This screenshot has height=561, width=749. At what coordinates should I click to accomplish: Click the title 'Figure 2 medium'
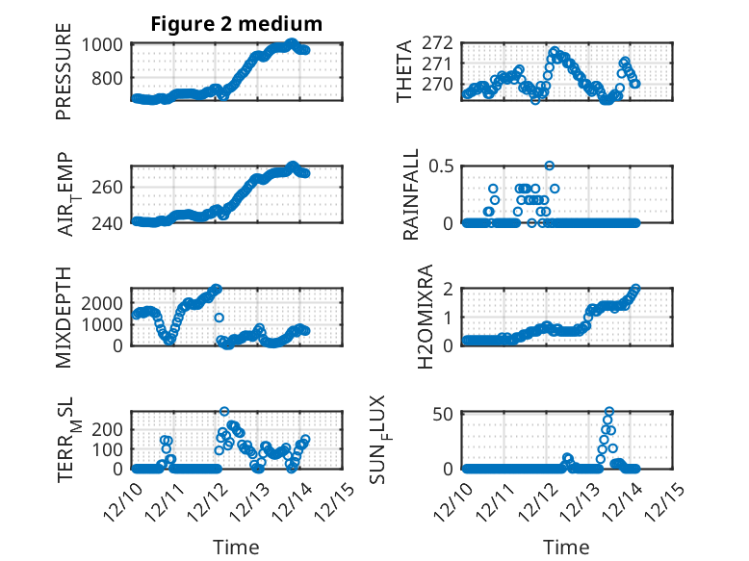click(236, 24)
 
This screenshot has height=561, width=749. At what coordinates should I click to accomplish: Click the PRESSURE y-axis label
click(65, 77)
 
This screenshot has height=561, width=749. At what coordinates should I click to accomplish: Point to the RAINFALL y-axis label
click(411, 194)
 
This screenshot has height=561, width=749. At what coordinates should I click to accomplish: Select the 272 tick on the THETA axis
click(438, 43)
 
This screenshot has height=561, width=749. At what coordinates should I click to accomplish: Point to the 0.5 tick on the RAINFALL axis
click(441, 166)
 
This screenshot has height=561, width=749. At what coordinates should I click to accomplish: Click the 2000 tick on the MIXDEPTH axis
click(99, 302)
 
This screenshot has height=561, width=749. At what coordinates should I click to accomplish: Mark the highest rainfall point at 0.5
click(550, 166)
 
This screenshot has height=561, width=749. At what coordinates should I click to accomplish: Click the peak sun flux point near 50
click(609, 412)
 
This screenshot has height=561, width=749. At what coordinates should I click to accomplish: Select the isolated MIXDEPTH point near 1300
click(219, 317)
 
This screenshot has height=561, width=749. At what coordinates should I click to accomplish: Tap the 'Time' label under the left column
click(236, 548)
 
